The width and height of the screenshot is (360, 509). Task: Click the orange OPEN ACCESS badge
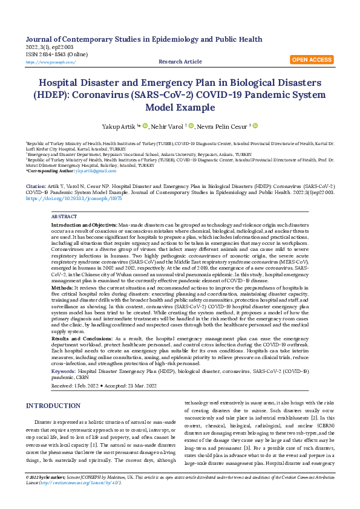pyautogui.click(x=311, y=60)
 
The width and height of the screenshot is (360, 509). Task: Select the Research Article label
pyautogui.click(x=180, y=62)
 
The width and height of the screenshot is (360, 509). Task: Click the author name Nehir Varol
pyautogui.click(x=169, y=126)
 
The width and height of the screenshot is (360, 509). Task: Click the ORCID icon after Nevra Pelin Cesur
pyautogui.click(x=255, y=126)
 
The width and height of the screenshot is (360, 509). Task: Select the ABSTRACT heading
pyautogui.click(x=64, y=216)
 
